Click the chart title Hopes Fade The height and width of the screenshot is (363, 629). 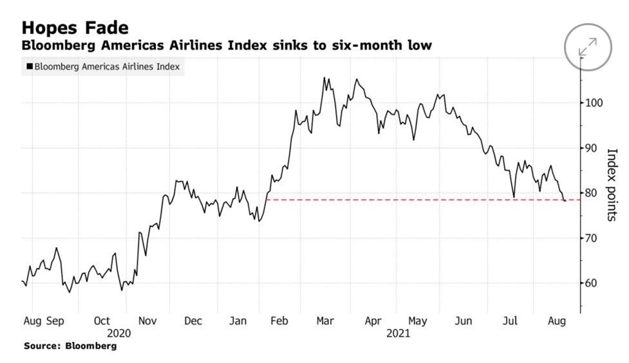coord(75,28)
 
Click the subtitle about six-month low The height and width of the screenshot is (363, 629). coord(227,46)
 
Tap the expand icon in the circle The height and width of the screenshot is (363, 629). coord(587,47)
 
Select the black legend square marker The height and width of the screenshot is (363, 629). coord(29,66)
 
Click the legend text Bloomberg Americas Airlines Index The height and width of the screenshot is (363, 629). coord(107,66)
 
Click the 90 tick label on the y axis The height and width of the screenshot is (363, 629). coord(592,148)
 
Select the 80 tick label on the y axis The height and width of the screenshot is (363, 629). coord(592,193)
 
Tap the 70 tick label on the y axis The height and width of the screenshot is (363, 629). coord(592,238)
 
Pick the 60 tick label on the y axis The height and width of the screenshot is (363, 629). coord(592,283)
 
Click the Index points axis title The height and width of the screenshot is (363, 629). coord(612,185)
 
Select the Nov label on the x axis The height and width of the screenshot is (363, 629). coord(148,321)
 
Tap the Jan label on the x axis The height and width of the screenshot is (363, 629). coord(239,321)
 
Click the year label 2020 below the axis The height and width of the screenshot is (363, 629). coord(119,333)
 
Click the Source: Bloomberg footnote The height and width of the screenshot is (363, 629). coord(70,346)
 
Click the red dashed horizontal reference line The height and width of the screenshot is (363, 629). coord(412,200)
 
